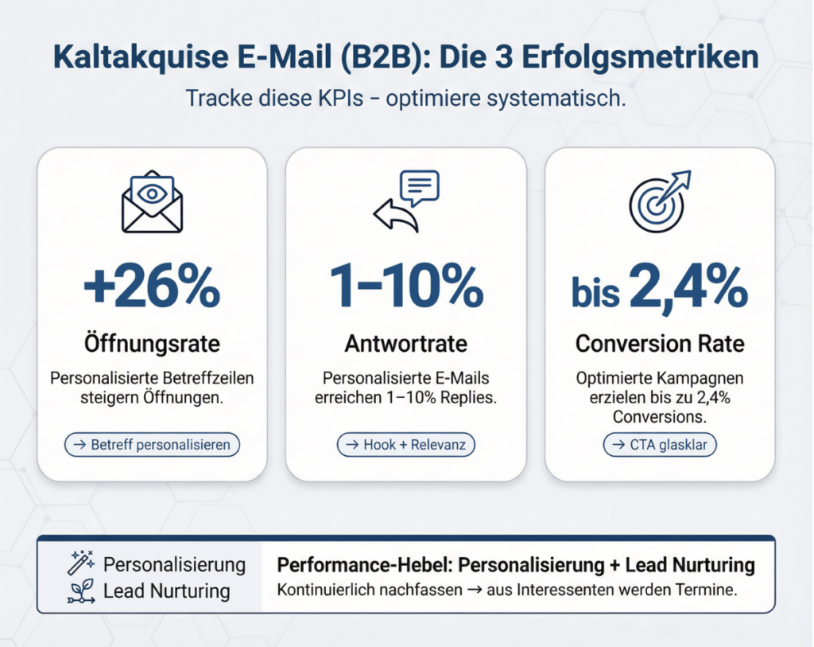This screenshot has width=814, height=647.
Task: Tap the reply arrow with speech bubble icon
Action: [x=406, y=201]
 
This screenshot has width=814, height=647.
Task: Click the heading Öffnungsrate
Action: [x=152, y=344]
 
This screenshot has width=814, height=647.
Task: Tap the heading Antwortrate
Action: [x=406, y=344]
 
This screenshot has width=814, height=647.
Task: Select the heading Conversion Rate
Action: [x=660, y=344]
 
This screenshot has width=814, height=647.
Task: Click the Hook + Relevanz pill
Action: [x=406, y=445]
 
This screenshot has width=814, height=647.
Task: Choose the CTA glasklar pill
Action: [x=660, y=445]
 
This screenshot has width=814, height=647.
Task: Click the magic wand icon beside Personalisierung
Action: [x=82, y=563]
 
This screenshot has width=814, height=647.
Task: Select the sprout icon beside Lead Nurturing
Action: [x=82, y=591]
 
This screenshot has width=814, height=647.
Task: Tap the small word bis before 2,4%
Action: [x=595, y=293]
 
